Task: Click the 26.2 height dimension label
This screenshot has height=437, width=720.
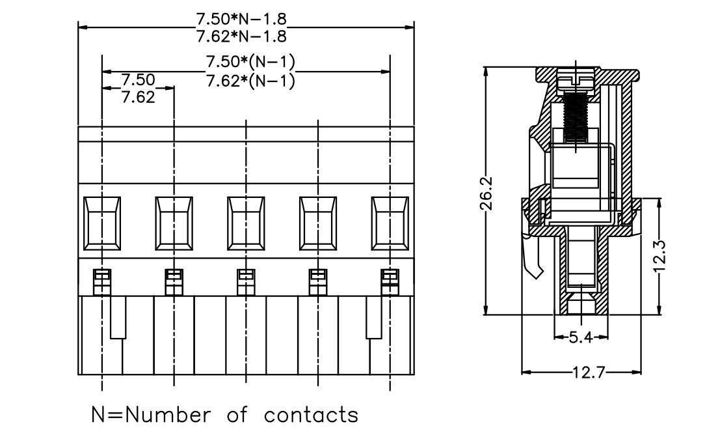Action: coord(487,193)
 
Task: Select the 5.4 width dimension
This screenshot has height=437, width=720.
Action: coord(581,338)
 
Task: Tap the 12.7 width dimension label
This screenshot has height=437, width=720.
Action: coord(589,372)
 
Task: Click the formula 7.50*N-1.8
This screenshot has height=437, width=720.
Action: coord(241,19)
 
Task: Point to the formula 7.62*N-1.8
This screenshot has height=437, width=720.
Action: coord(241,36)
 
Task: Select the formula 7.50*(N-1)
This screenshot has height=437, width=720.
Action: coord(250,62)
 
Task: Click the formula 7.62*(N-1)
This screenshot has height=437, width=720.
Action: coord(250,81)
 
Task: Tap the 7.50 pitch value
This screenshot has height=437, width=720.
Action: coord(139,79)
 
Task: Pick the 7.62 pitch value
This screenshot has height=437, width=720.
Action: coord(139,97)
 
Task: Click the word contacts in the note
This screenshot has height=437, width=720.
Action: coord(311,415)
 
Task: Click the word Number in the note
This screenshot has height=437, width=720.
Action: coord(168,414)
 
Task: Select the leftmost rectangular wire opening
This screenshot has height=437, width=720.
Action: coord(102,223)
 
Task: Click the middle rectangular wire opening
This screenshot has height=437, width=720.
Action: coord(246,223)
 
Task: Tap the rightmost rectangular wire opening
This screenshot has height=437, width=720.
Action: coord(390,223)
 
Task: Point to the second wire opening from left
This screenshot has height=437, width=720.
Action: coord(174,223)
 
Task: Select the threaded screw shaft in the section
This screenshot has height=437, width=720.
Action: coord(576,117)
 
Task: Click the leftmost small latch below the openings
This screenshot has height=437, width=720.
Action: coord(102,282)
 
